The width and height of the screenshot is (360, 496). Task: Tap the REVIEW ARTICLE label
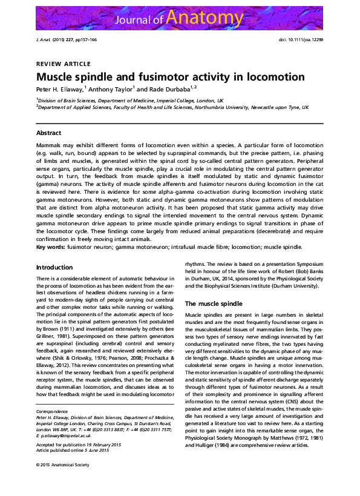tap(63, 64)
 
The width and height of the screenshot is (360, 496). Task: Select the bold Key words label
tap(50, 246)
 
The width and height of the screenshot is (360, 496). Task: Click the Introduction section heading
tap(54, 267)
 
